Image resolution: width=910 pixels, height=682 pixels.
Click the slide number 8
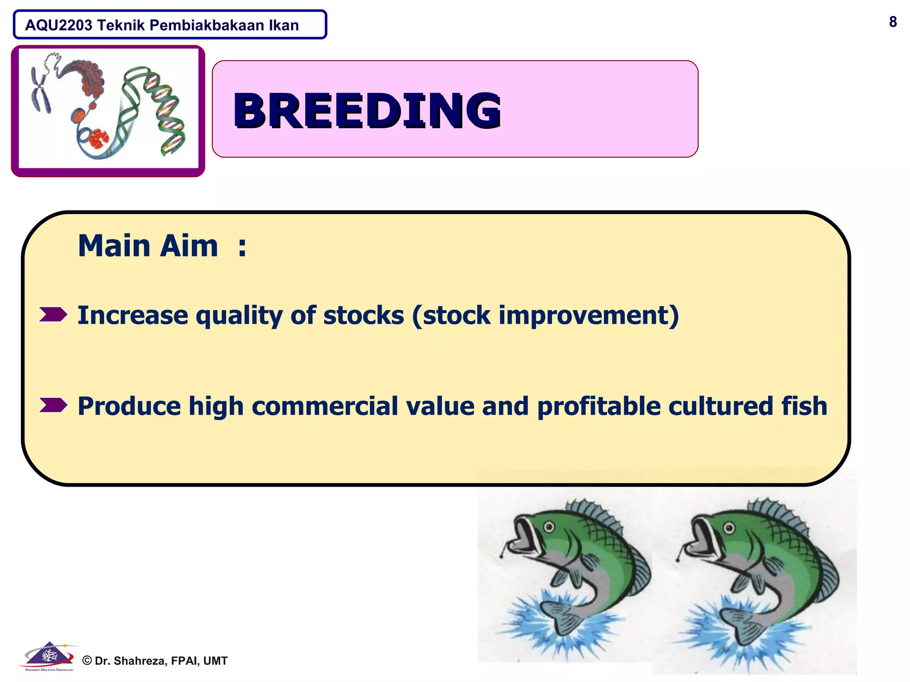[x=893, y=22]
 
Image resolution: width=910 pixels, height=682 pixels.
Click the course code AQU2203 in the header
[x=59, y=25]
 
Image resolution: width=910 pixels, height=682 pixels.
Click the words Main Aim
[x=148, y=246]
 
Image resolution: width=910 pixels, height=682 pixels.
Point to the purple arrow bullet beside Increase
[x=53, y=314]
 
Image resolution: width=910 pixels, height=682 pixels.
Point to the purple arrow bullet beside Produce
[x=53, y=405]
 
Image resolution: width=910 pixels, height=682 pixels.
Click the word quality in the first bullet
[x=239, y=316]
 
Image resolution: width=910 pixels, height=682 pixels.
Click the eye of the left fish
[x=550, y=527]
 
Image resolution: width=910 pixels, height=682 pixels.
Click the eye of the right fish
[x=729, y=528]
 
